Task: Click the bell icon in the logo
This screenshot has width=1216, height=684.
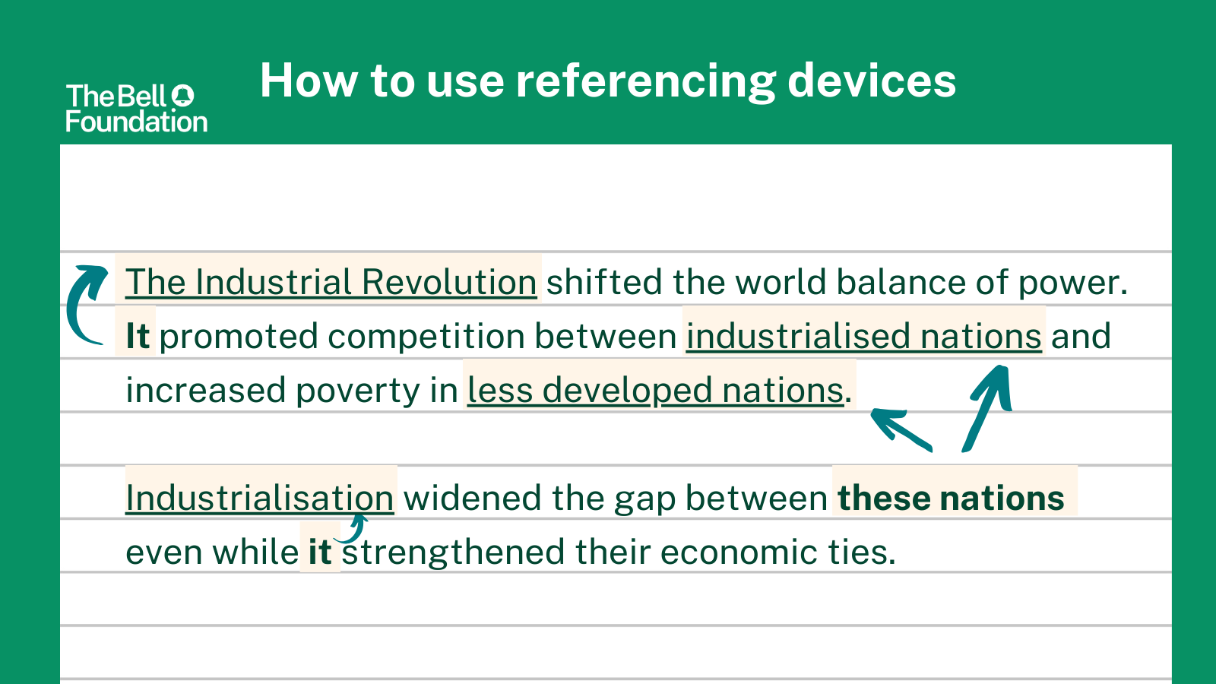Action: click(183, 96)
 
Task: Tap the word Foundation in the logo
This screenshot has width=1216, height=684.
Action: click(137, 122)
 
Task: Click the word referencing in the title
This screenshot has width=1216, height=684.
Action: click(646, 81)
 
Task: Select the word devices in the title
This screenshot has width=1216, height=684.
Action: click(872, 81)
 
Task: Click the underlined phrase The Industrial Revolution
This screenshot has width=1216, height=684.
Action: click(331, 282)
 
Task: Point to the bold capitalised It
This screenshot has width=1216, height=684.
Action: click(138, 336)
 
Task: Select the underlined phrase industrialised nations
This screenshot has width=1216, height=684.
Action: click(864, 336)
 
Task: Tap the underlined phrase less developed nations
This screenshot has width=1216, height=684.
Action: click(656, 391)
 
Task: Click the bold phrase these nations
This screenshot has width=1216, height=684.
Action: click(951, 499)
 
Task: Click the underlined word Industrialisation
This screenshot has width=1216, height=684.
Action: click(260, 498)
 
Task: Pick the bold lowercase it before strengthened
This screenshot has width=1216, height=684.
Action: click(320, 552)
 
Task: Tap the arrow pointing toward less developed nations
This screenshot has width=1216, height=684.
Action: click(901, 429)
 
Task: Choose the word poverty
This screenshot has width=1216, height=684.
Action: click(358, 391)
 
